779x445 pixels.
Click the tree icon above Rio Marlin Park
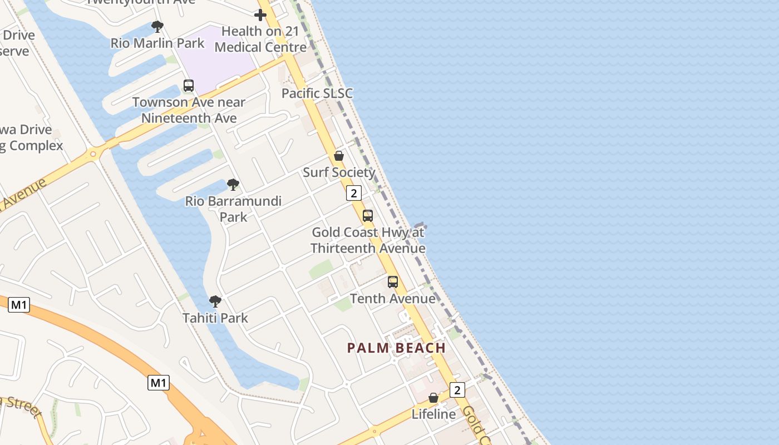157,26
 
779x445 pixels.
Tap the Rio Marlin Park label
157,43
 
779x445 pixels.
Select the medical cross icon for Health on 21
260,15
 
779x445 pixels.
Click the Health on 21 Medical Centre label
260,39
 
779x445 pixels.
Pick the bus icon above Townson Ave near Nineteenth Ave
189,86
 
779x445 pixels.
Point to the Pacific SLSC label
317,93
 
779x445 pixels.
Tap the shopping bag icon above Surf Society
339,156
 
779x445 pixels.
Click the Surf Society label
339,172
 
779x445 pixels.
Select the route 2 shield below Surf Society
353,193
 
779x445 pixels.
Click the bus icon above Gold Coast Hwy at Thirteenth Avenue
368,216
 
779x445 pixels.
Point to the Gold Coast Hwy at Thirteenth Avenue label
368,240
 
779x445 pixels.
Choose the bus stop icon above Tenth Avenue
393,282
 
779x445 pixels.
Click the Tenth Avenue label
393,299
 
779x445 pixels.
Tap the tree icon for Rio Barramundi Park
233,184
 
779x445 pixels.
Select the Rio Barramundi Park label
233,209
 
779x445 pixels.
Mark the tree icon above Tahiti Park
215,301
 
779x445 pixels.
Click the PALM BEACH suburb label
396,348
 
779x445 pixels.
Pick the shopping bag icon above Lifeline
433,398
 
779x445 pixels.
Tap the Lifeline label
433,414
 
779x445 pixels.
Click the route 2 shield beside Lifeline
457,390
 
